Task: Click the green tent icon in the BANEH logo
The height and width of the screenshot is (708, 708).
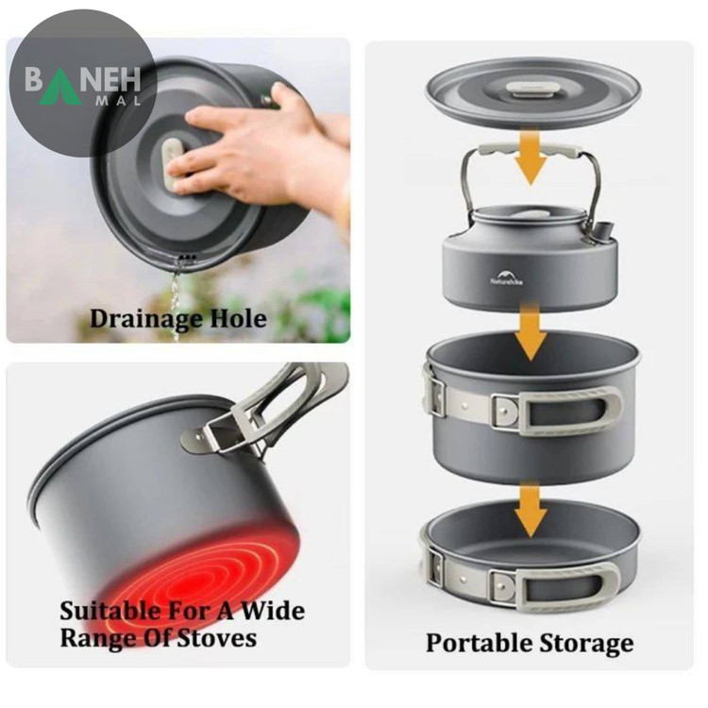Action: pos(60,87)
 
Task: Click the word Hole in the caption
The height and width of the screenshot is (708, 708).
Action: pos(239,318)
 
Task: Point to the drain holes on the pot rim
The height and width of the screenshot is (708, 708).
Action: pos(188,258)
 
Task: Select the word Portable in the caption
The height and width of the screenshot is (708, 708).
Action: pos(479,643)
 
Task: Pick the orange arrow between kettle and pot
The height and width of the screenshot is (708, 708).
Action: pos(531,330)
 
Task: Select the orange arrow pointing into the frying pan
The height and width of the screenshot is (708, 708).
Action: pos(531,509)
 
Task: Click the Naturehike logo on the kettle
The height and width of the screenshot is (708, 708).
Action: pos(507,278)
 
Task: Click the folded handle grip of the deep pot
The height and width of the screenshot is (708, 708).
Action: pos(570,411)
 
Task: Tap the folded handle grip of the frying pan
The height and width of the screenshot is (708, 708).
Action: pos(566,586)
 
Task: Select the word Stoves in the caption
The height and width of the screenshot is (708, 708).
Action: pos(217,638)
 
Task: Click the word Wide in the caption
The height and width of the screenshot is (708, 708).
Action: pos(272,611)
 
